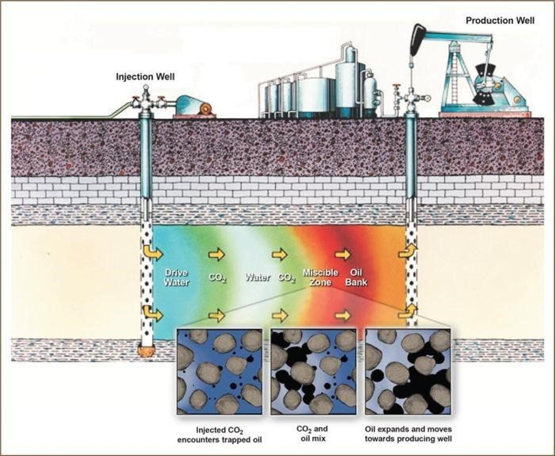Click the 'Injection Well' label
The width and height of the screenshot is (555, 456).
[145, 76]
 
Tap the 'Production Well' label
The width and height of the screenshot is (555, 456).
[500, 21]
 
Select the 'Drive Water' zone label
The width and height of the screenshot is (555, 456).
[176, 278]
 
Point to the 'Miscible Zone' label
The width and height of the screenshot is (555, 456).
[320, 278]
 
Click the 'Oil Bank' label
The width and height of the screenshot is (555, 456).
[356, 278]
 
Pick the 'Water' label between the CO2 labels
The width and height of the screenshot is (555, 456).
[257, 278]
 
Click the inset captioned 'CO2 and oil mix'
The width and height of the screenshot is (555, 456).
[313, 371]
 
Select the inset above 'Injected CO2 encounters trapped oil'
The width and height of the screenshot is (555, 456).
[220, 371]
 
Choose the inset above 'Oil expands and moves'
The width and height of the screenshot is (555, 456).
[408, 371]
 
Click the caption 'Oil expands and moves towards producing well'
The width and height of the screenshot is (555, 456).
[408, 434]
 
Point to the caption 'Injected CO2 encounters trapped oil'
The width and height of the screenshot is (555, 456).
[220, 435]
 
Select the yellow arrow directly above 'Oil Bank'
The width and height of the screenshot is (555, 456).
[342, 255]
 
